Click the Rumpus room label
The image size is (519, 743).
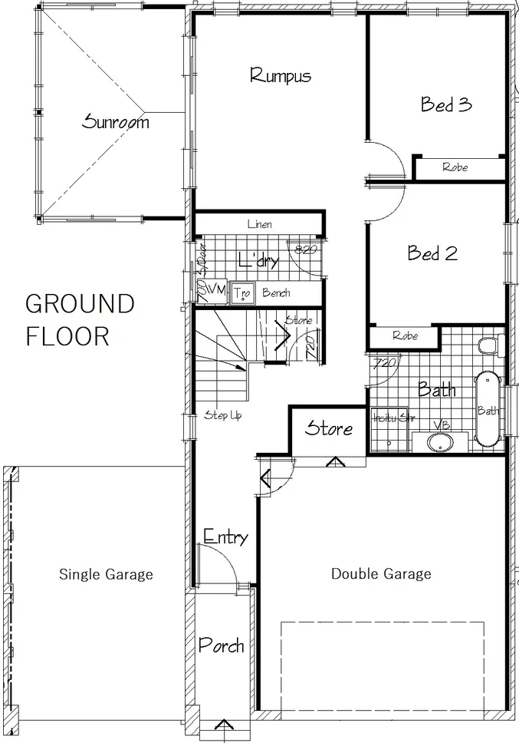pos(281,75)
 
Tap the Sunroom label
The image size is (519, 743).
pos(117,121)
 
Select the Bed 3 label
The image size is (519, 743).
pos(445,104)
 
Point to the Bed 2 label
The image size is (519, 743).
pos(433,253)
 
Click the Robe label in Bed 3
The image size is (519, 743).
pos(455,167)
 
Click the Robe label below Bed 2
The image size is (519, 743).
pos(405,335)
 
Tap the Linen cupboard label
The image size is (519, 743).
pos(259,224)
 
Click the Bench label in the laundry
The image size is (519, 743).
pos(276,293)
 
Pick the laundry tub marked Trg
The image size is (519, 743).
pos(242,293)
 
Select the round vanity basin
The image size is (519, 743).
pos(440,443)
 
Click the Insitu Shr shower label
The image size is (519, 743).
pos(389,419)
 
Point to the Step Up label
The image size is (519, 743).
pos(223,415)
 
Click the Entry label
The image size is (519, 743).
pos(225,537)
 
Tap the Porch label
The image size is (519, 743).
pos(221,645)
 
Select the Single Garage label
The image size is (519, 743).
pos(106,574)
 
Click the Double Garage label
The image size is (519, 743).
pos(380,573)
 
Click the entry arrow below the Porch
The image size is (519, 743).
pos(223,726)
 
